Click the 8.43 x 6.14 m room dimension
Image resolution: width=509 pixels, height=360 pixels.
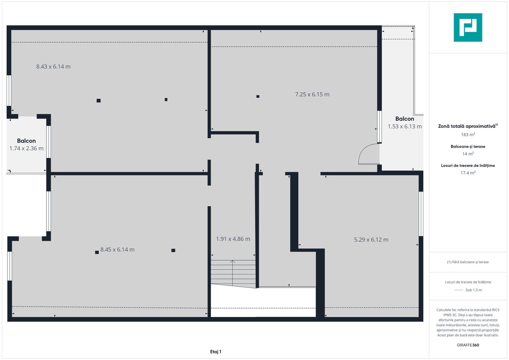click(53, 67)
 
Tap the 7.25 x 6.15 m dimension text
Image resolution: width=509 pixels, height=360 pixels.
click(312, 94)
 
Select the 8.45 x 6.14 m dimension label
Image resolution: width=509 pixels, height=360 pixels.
click(117, 250)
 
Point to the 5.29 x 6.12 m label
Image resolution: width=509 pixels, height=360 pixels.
click(371, 240)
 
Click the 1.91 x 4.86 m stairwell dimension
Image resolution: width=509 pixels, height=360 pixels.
click(233, 239)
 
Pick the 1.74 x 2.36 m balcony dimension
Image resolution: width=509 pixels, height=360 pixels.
click(26, 148)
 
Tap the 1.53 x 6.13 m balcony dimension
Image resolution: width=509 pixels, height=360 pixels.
click(405, 126)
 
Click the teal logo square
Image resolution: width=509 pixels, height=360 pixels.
click(468, 27)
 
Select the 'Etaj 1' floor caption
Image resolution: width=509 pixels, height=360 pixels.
click(216, 352)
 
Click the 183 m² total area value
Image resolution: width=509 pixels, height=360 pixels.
click(468, 135)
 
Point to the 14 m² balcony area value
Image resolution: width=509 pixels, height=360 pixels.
click(468, 154)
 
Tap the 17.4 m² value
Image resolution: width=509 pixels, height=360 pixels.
click(468, 173)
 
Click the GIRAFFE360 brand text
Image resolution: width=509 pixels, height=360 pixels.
click(468, 345)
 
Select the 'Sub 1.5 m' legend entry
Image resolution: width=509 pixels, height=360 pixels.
click(474, 290)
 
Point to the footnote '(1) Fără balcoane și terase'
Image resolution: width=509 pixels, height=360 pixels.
click(468, 262)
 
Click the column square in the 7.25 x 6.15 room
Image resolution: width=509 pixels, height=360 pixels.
click(258, 96)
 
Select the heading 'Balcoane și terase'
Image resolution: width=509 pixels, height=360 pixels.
click(468, 147)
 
